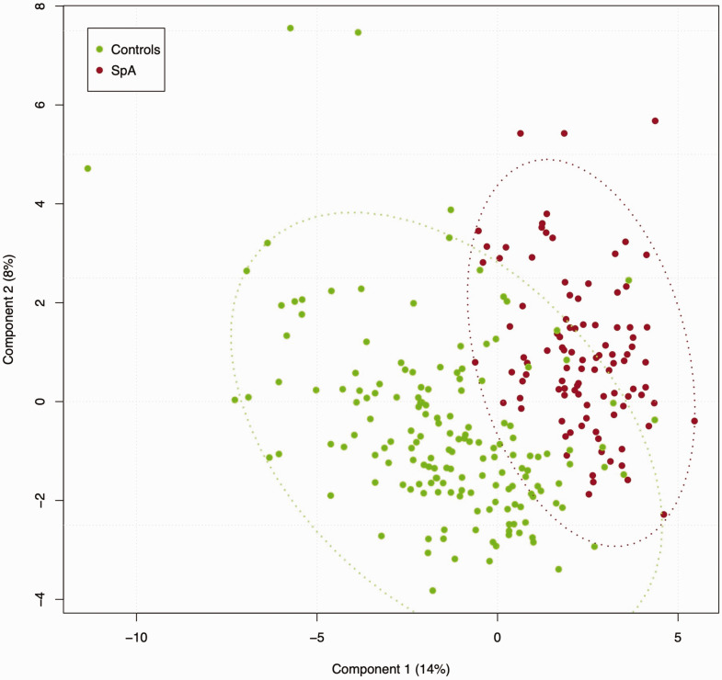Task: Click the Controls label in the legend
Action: [135, 50]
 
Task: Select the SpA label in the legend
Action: [123, 71]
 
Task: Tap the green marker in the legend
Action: [99, 50]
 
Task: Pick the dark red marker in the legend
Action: [99, 71]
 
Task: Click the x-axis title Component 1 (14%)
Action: [391, 669]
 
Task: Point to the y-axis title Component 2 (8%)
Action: [8, 310]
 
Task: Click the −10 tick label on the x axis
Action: [136, 637]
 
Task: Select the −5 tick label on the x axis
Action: [316, 637]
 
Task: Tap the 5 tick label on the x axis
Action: [678, 637]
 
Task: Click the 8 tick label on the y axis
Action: [42, 6]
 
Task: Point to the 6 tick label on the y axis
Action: [42, 105]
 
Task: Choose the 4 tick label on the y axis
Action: [42, 204]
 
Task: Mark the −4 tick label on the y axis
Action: [42, 599]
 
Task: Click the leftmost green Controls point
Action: [87, 168]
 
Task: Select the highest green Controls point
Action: [290, 28]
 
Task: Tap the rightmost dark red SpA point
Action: [694, 421]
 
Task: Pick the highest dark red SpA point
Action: [655, 121]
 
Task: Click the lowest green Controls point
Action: [432, 590]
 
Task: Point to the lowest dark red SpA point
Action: [663, 515]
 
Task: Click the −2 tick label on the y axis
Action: [42, 500]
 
